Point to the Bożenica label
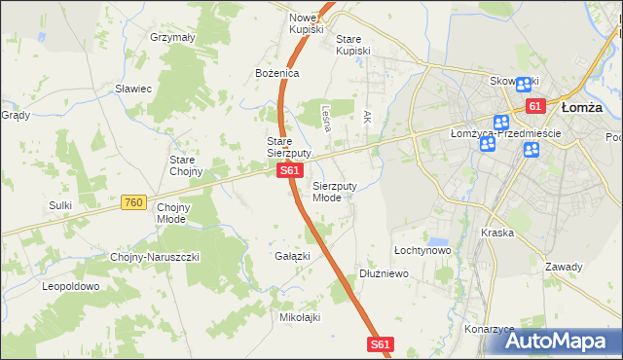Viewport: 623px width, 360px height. [277, 73]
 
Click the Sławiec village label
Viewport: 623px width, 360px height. [133, 89]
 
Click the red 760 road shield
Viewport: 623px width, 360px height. [134, 202]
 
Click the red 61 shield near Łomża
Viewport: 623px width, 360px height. [534, 106]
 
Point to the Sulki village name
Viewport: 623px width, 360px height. [60, 205]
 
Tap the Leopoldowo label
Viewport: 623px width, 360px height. [70, 287]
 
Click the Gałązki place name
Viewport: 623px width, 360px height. [292, 256]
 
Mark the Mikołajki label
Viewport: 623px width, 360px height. [300, 317]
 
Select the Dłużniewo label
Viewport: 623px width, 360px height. [384, 274]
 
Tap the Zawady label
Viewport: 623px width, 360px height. [564, 267]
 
